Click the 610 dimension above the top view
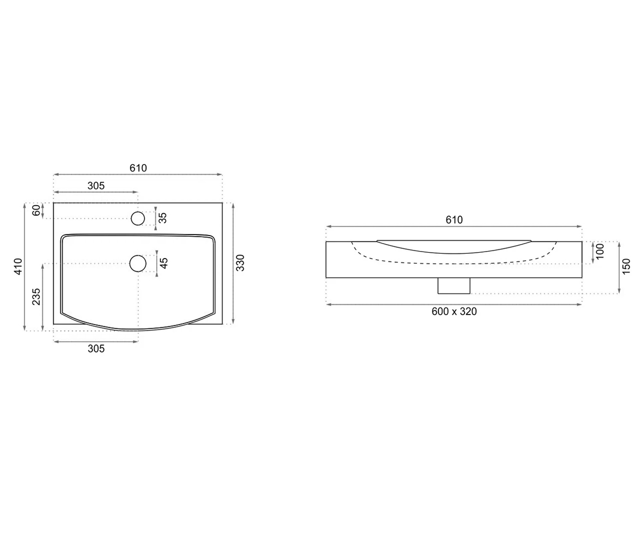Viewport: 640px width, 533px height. click(x=138, y=168)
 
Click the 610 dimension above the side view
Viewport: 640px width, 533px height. click(x=454, y=220)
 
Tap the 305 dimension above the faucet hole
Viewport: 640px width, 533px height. click(x=96, y=185)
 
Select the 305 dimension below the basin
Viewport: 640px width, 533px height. click(x=96, y=349)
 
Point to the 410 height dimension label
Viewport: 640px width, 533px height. click(x=19, y=266)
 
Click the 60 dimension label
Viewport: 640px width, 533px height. click(x=36, y=211)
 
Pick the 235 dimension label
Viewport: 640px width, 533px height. click(x=36, y=296)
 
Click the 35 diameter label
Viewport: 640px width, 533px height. click(x=163, y=218)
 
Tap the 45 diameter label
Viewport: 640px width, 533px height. click(x=164, y=263)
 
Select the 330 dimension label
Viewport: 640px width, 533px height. click(x=241, y=263)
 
